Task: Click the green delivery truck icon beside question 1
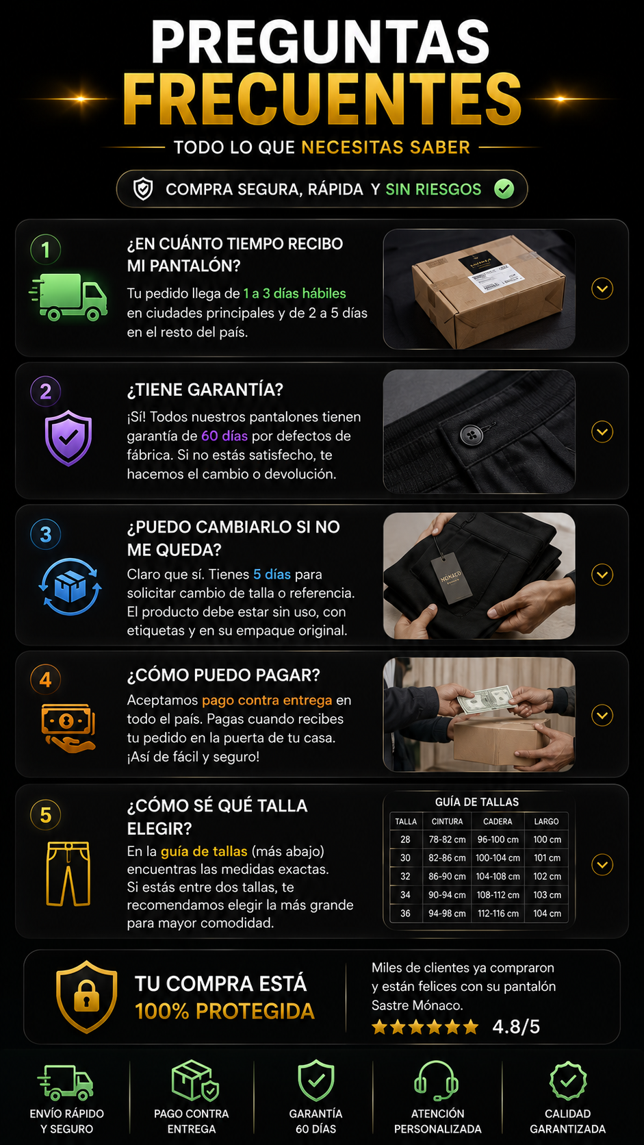[68, 297]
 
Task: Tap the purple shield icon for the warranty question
[68, 438]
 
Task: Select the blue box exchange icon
[70, 586]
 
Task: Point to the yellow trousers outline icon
[68, 874]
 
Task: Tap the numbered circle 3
[46, 535]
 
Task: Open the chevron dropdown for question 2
[602, 432]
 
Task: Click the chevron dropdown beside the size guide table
[602, 865]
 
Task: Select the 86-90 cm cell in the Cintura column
[447, 877]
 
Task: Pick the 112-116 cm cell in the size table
[498, 914]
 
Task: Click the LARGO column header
[546, 822]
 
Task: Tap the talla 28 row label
[406, 840]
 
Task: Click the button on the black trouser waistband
[471, 435]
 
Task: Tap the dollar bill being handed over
[484, 700]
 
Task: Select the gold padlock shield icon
[86, 996]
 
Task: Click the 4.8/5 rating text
[516, 1027]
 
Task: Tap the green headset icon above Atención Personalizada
[436, 1081]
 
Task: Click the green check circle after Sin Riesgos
[504, 189]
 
